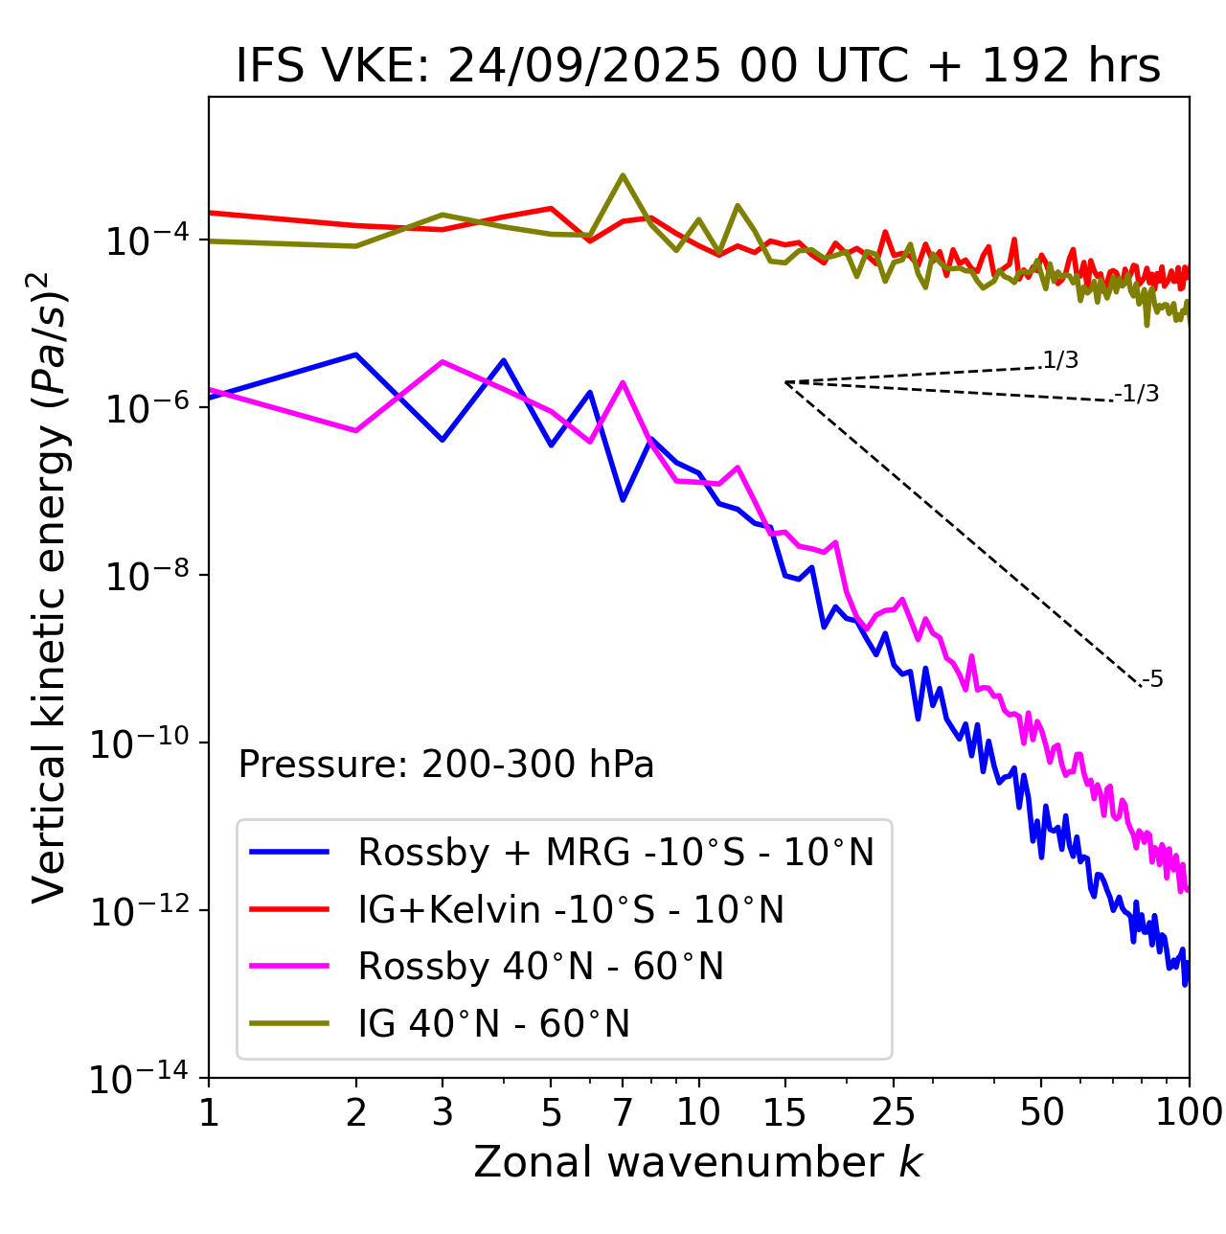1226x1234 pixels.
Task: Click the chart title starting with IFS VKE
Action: pos(698,66)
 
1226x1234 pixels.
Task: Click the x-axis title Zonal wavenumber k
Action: pos(698,1162)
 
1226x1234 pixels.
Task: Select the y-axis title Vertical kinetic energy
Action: pos(50,587)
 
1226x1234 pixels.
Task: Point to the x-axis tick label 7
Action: pos(623,1112)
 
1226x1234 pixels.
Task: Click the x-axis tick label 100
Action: pos(1188,1112)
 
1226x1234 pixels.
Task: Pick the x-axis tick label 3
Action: pos(443,1112)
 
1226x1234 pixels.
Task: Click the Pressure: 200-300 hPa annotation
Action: pos(446,765)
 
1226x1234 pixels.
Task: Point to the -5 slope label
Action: pos(1152,679)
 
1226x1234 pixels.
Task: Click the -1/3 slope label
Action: pos(1138,393)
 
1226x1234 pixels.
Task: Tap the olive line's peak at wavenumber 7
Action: pos(623,175)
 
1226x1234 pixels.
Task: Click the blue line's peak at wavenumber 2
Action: pos(356,354)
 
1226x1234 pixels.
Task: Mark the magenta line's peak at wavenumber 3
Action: pos(443,361)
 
